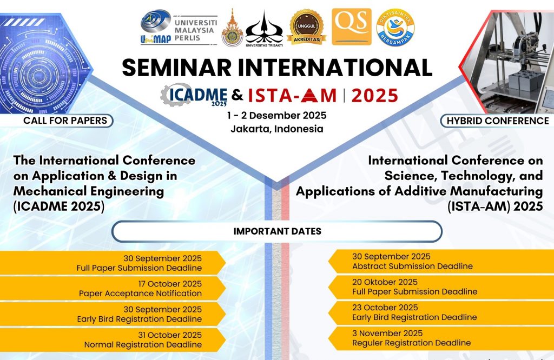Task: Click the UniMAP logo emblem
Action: point(155,26)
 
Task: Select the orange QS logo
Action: point(352,27)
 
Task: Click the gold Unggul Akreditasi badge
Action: point(306,27)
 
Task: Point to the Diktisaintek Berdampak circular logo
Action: point(395,27)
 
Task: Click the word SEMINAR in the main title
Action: point(177,67)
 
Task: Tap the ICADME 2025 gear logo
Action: point(194,95)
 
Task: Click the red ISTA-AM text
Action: point(292,95)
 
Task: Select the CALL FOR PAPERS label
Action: point(65,121)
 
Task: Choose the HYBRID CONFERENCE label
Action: point(498,121)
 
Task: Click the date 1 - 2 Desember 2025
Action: point(276,116)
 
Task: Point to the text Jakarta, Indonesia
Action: point(277,129)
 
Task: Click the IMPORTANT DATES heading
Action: point(278,231)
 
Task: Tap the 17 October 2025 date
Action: point(170,284)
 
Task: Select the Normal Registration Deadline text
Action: point(143,345)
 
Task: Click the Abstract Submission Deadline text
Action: point(412,266)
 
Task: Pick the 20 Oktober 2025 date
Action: point(385,282)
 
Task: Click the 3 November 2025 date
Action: point(387,333)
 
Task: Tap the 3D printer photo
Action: point(509,62)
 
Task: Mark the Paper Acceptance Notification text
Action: point(140,294)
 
